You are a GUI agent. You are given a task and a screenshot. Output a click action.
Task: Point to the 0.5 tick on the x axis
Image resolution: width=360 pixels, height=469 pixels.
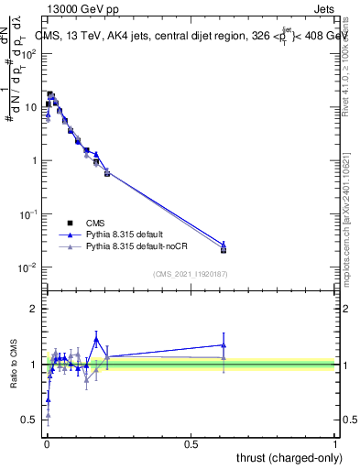click(x=191, y=443)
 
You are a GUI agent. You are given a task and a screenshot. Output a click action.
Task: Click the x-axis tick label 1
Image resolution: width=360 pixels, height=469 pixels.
click(x=335, y=443)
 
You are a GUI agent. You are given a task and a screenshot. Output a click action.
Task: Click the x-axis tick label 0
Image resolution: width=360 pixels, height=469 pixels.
click(x=46, y=443)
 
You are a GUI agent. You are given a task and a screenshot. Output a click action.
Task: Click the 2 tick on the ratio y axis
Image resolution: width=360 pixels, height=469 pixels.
click(x=34, y=310)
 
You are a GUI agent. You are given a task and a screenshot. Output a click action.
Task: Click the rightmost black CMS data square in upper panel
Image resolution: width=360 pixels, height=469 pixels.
click(x=224, y=249)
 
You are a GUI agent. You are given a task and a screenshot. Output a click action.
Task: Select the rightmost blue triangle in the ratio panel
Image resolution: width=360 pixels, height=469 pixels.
click(x=224, y=345)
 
